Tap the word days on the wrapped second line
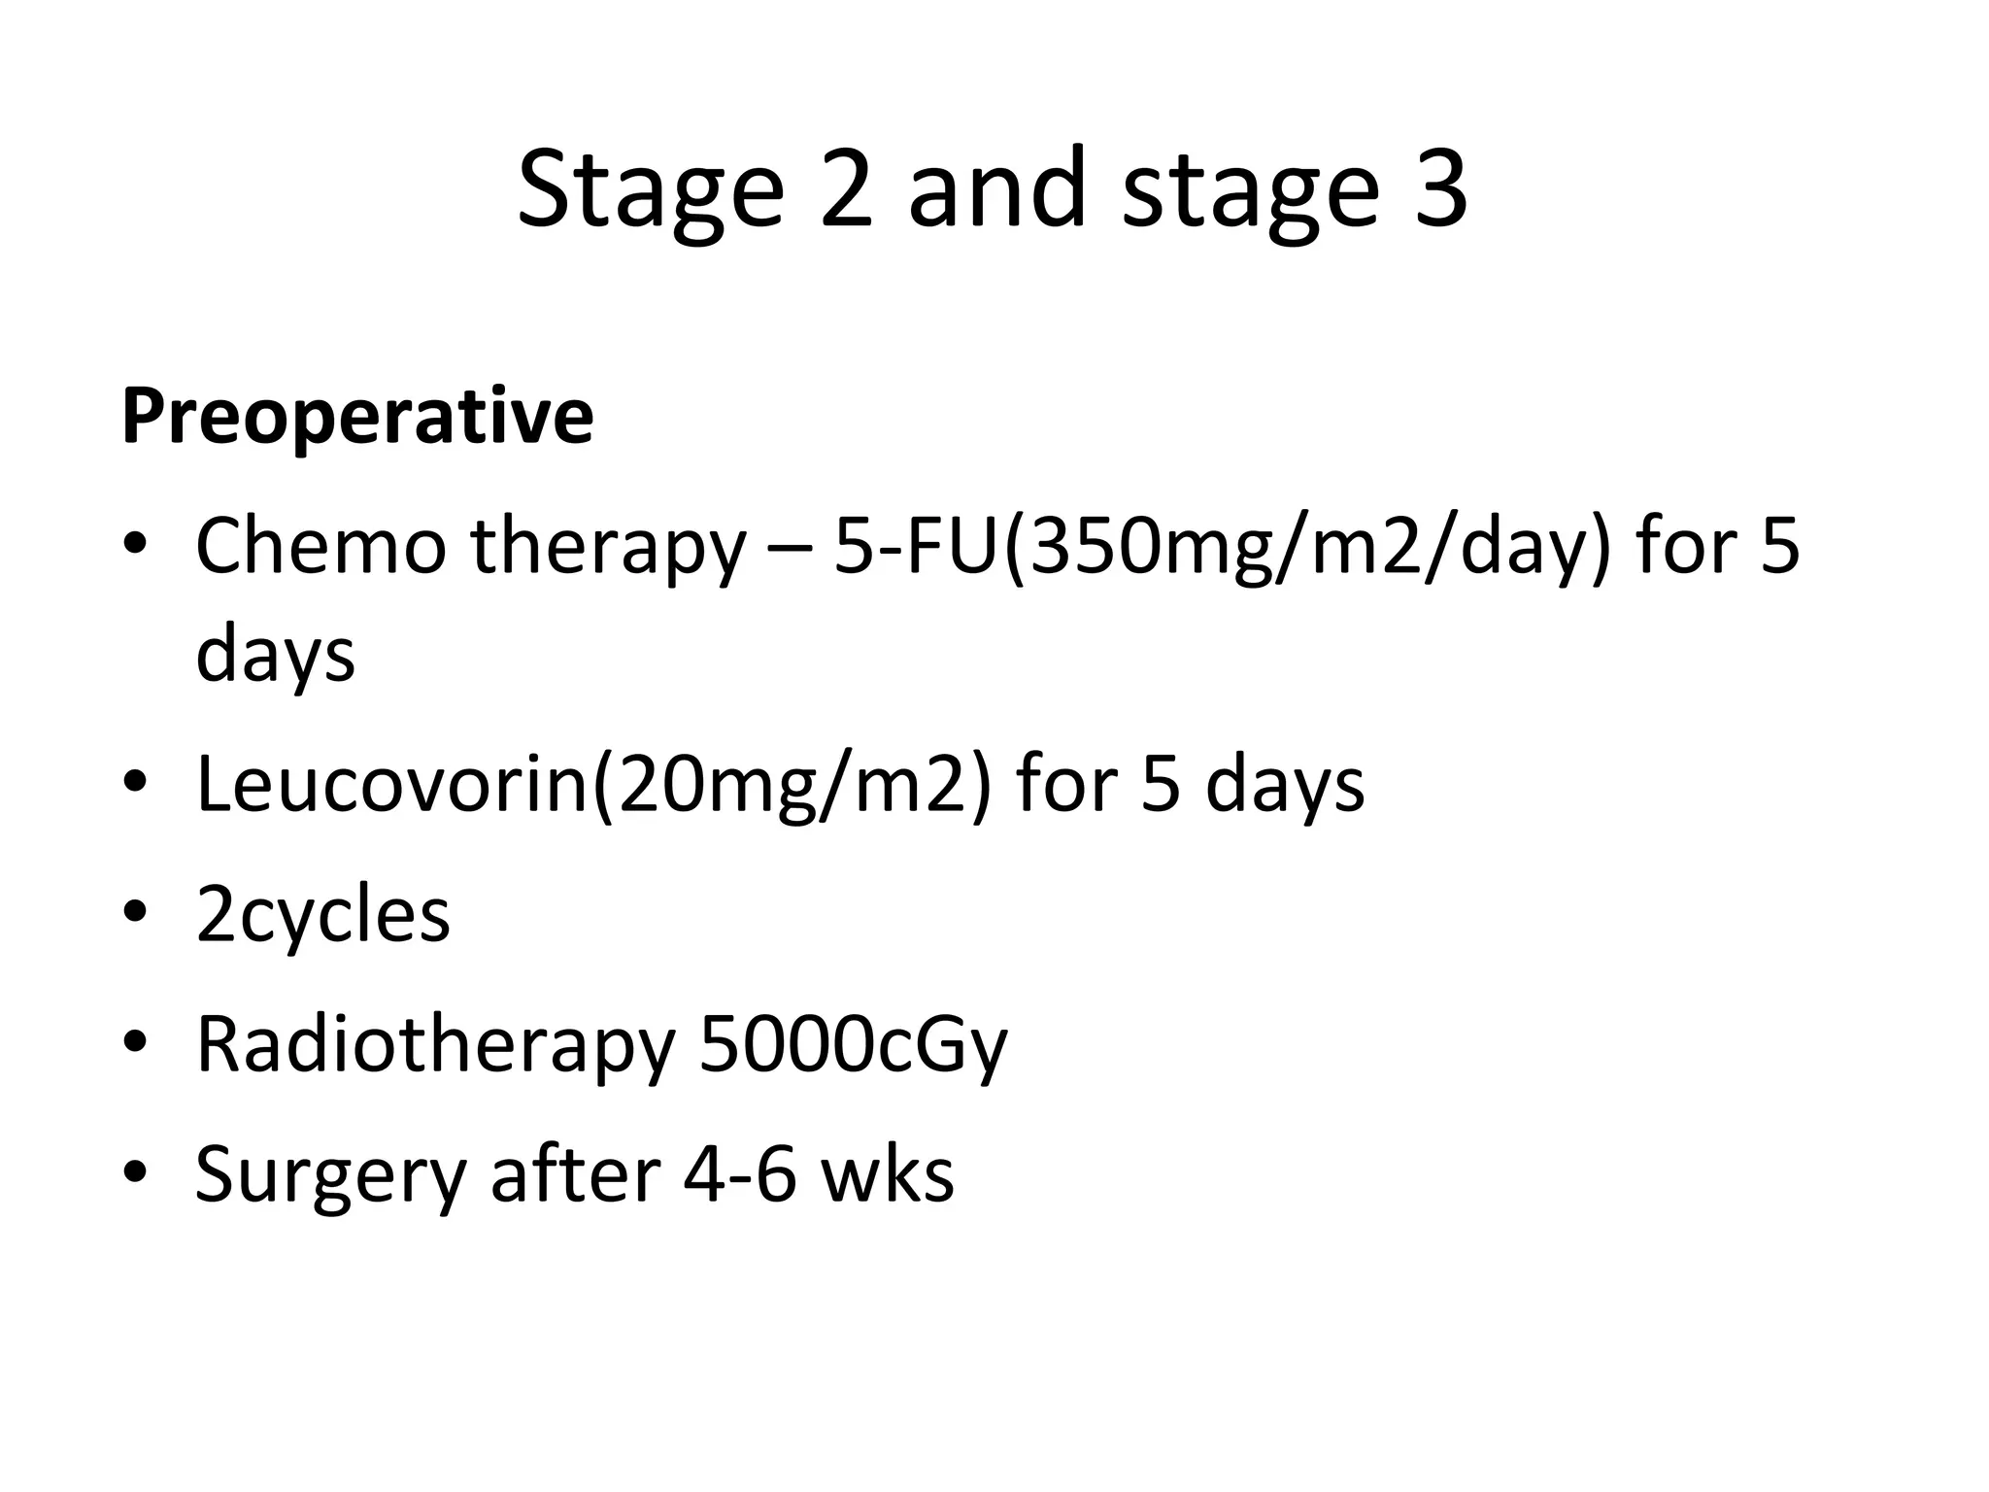click(x=276, y=655)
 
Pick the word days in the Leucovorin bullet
click(x=1284, y=785)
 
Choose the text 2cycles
click(x=322, y=916)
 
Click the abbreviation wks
click(x=888, y=1173)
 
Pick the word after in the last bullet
click(x=577, y=1173)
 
